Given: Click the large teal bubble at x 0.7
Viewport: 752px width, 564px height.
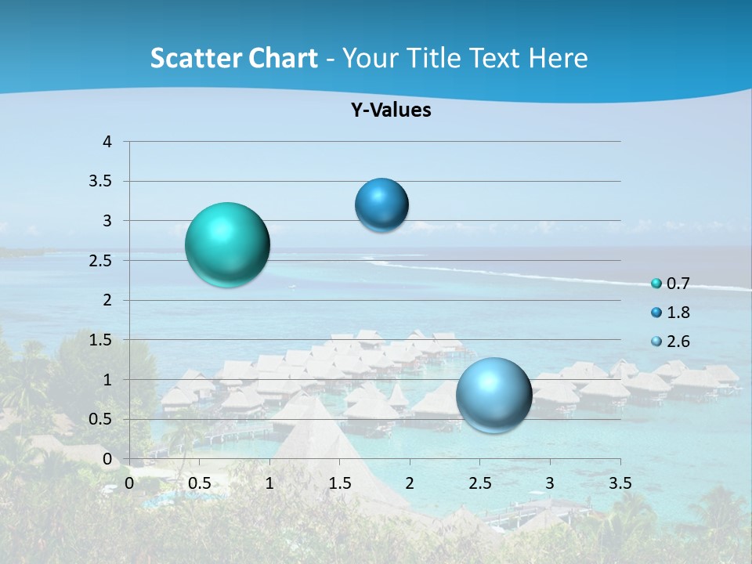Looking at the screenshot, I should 227,244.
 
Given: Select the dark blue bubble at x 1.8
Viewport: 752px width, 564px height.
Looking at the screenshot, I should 381,205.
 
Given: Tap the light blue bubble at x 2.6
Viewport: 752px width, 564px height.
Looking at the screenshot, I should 494,395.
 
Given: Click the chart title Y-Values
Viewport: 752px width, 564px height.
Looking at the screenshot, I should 391,110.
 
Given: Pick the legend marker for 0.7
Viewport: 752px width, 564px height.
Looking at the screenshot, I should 656,284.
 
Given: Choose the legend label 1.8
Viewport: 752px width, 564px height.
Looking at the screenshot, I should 678,313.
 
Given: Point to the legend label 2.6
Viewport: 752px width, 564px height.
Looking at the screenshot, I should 678,342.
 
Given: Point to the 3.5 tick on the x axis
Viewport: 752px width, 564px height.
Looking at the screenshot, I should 620,483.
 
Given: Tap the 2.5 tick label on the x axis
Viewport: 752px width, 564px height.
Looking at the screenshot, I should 479,483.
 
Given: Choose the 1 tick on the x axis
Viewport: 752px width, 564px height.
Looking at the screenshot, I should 269,483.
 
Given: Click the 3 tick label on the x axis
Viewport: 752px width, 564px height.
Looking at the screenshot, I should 550,483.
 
